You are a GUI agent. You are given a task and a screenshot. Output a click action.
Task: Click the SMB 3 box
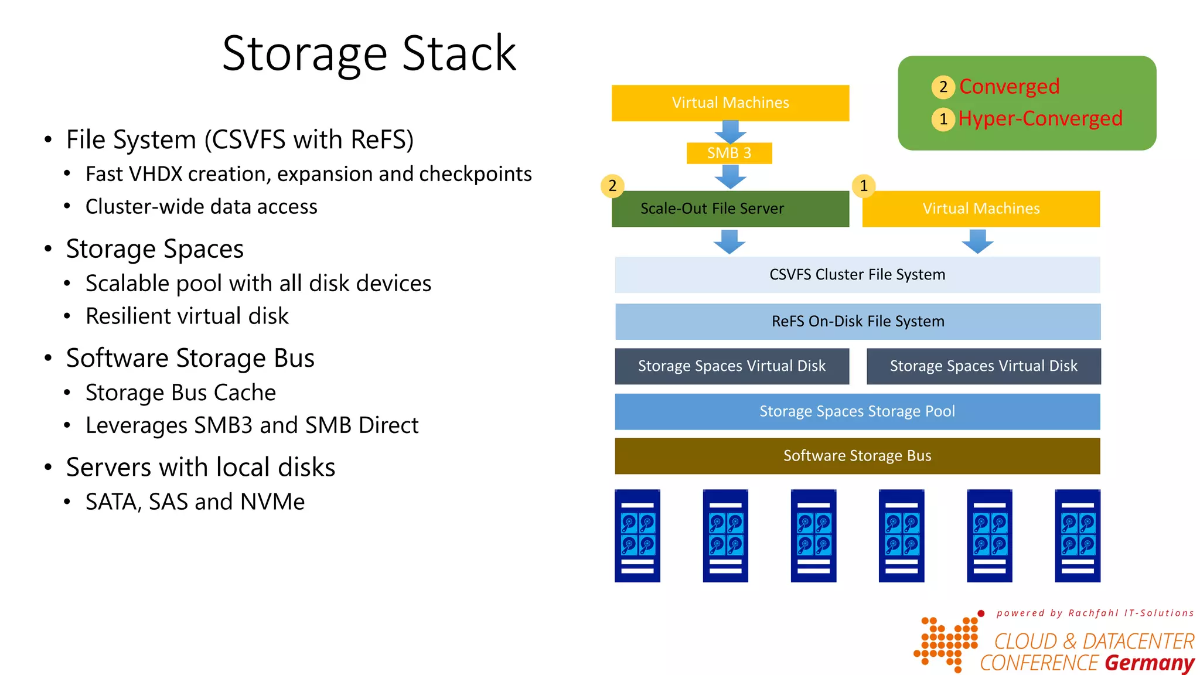729,153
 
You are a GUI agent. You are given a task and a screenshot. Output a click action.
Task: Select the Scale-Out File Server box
730,209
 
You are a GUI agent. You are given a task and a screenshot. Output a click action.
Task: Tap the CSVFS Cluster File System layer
857,275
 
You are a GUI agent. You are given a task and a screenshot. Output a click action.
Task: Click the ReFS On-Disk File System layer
858,322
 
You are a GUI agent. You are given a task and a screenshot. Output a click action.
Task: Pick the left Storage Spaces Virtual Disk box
732,366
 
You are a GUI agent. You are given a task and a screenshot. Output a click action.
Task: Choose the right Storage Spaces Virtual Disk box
983,366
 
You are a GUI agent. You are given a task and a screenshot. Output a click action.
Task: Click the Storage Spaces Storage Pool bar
857,411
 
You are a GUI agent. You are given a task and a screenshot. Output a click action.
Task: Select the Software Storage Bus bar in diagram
857,456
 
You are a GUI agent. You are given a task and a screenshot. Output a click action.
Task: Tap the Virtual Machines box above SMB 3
730,103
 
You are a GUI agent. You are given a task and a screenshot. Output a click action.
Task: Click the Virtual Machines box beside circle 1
981,209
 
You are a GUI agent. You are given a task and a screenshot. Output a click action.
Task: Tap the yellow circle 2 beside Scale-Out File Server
612,186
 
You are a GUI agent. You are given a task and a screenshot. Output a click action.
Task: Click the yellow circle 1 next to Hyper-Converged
943,120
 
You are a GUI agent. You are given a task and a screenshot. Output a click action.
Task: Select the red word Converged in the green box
1009,87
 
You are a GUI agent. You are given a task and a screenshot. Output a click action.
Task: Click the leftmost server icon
637,536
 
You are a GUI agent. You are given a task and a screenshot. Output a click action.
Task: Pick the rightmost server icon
1077,536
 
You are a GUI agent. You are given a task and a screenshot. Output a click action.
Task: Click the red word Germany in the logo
1149,663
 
